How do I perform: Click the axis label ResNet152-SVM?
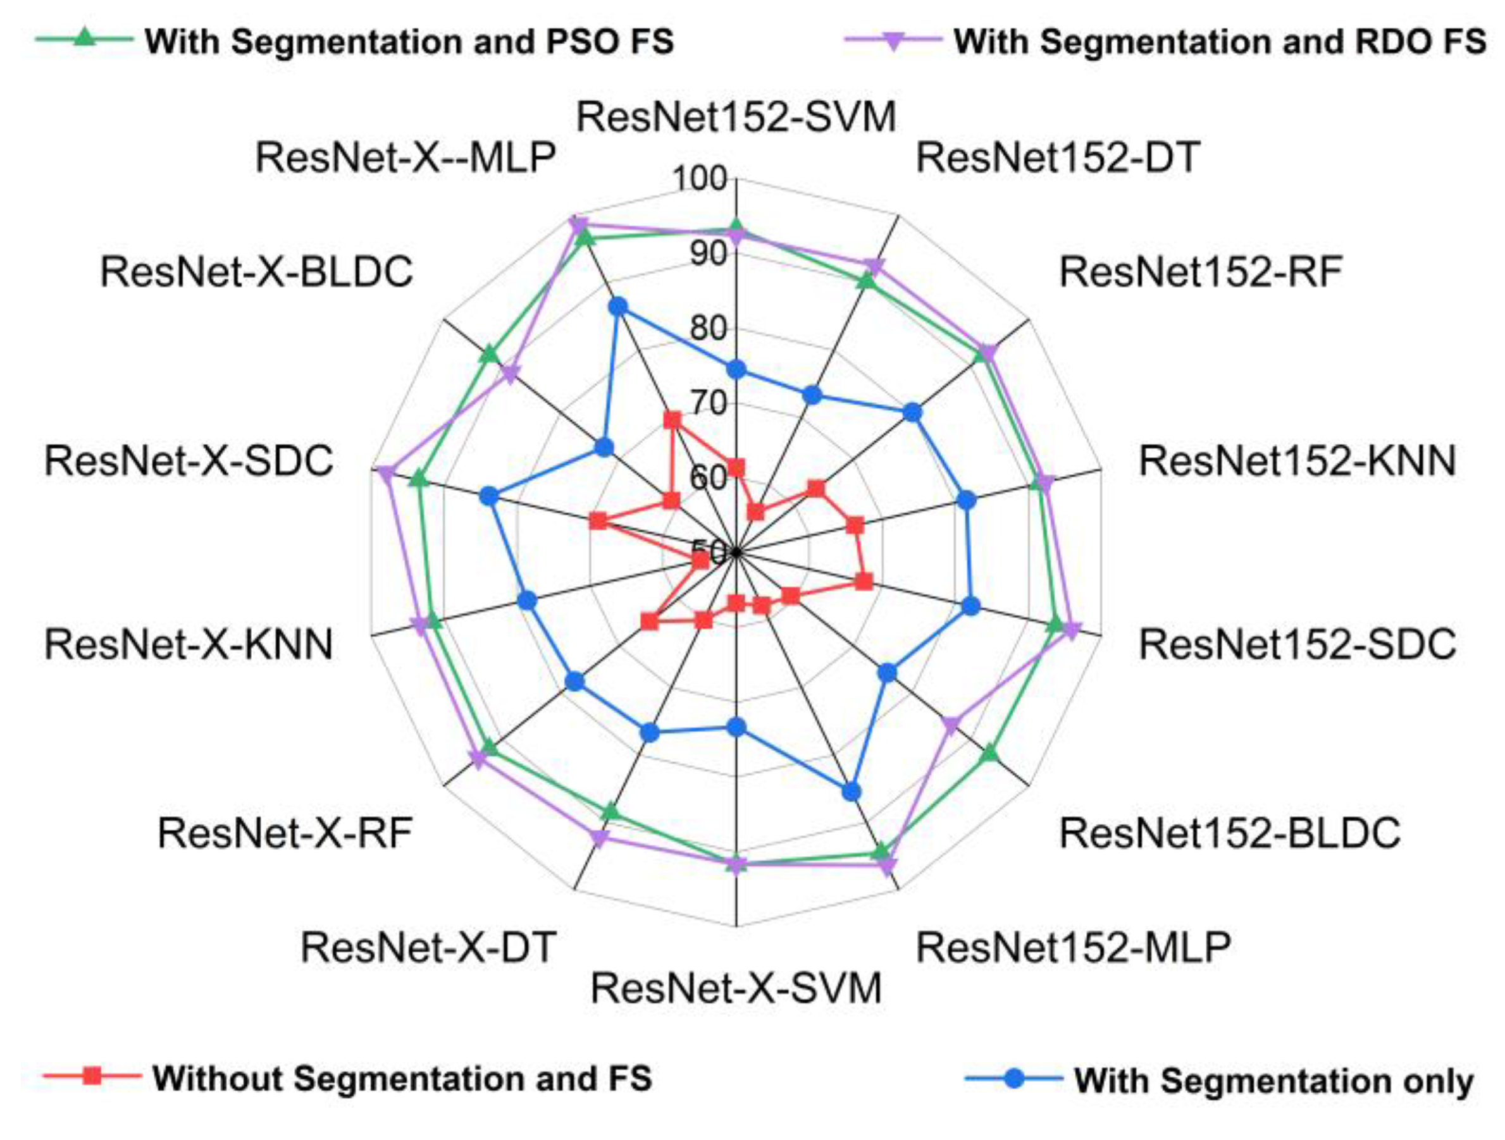click(736, 117)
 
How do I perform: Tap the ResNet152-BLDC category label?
click(1230, 833)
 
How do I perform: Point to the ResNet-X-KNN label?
click(189, 644)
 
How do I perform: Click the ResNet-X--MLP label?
click(406, 158)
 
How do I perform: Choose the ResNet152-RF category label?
click(1201, 272)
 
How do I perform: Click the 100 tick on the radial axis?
click(700, 179)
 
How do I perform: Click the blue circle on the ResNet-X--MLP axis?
click(617, 307)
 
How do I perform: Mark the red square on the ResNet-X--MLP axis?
click(672, 420)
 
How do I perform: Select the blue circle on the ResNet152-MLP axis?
click(851, 791)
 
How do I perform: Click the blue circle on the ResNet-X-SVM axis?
click(736, 727)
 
